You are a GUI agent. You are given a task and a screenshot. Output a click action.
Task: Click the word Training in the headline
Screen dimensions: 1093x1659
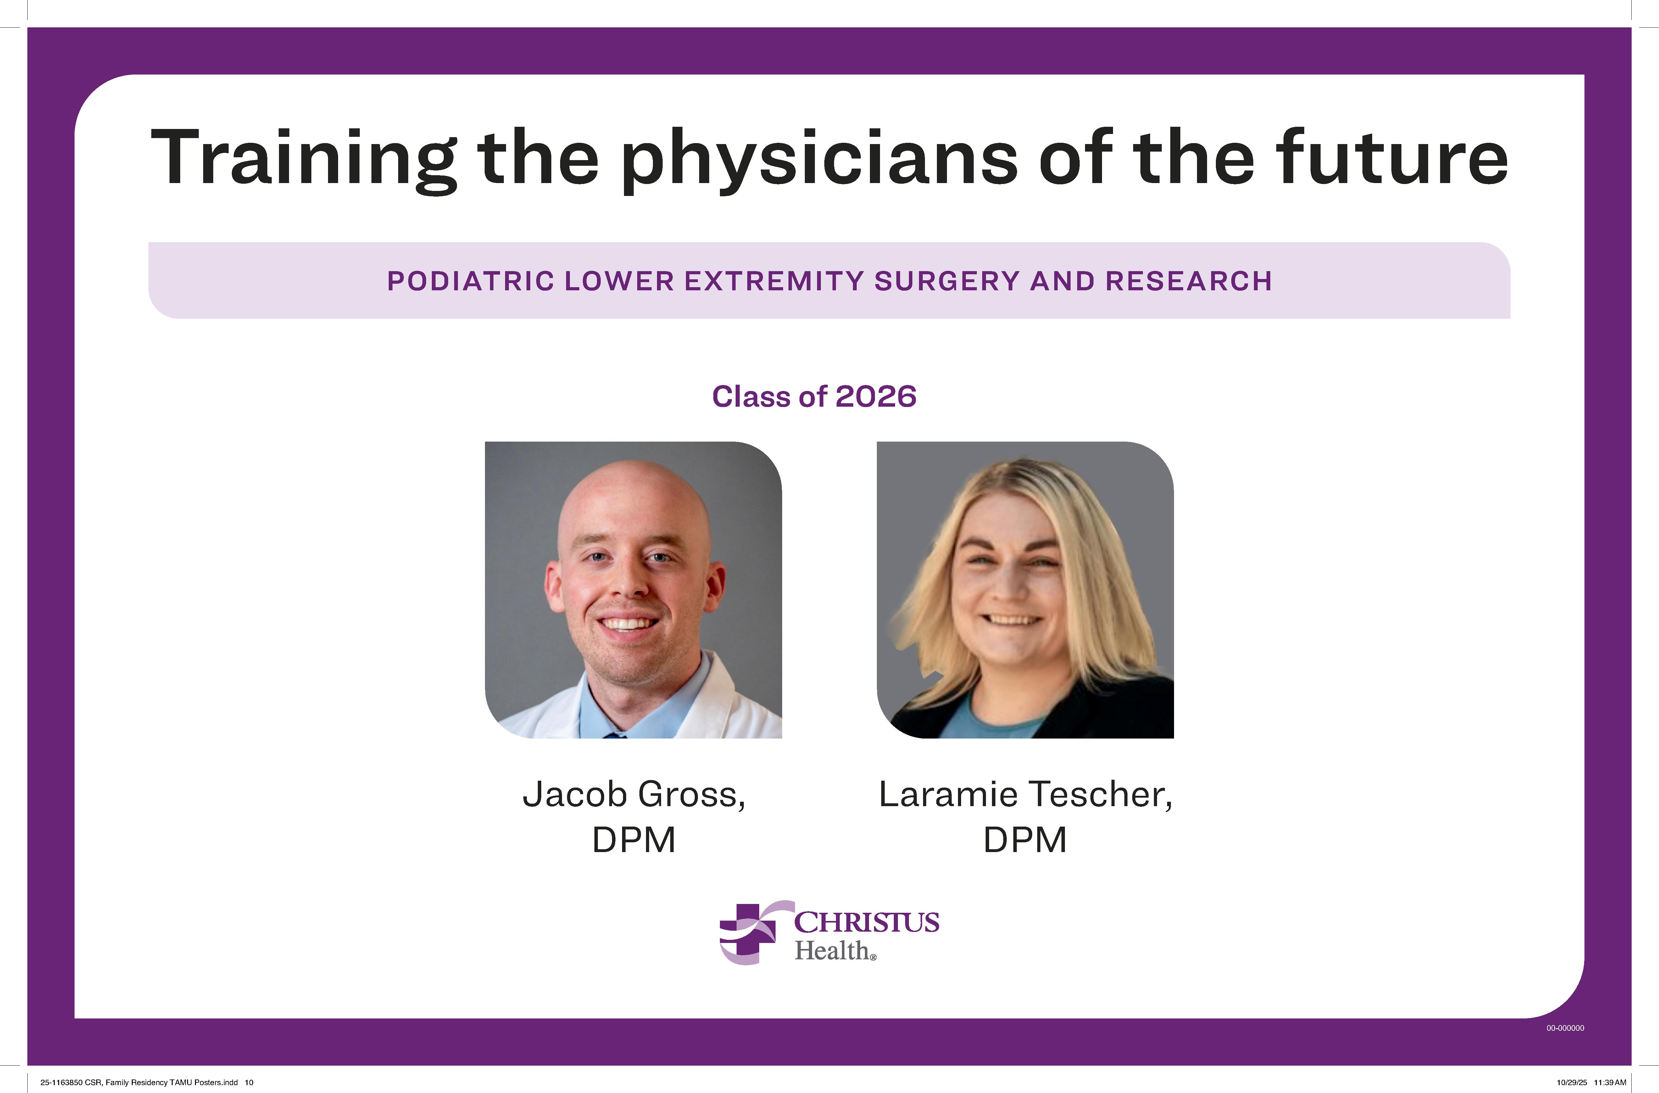point(303,159)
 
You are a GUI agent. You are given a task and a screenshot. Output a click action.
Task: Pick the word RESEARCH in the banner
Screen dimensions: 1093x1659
point(1189,281)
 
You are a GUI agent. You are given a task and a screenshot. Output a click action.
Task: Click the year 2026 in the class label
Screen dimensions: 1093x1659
point(876,397)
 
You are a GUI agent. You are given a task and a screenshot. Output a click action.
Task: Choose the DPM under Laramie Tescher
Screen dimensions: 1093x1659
point(1025,839)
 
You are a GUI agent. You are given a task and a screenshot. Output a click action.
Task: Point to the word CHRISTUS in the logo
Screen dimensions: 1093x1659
point(866,922)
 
